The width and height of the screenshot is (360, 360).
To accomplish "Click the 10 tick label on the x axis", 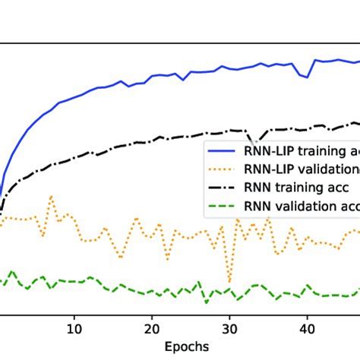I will (74, 330).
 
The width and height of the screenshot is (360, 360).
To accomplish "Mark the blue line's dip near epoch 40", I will (306, 77).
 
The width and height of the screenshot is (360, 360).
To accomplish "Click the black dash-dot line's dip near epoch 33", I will (254, 144).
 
